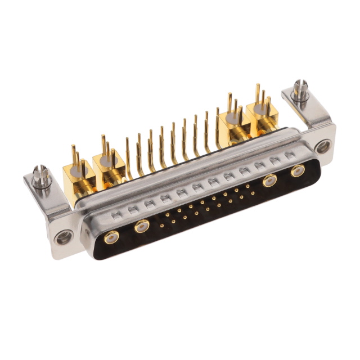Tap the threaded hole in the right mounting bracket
click(x=322, y=147)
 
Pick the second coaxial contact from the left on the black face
click(x=141, y=227)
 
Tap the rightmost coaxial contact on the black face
click(x=296, y=171)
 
